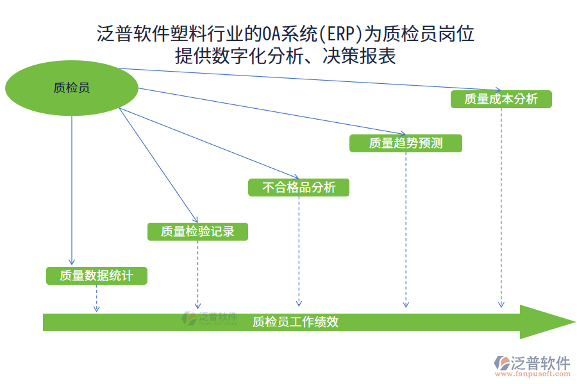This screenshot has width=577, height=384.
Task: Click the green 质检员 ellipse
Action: click(72, 88)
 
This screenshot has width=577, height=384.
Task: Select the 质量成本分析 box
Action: click(501, 99)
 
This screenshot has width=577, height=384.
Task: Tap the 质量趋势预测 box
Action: click(405, 143)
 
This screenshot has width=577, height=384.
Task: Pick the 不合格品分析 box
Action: click(299, 188)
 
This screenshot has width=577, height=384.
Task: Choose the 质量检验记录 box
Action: click(197, 232)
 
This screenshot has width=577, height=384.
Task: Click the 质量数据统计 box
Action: click(97, 276)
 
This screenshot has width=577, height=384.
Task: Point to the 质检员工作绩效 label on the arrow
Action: click(296, 322)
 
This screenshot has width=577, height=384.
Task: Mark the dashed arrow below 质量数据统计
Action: click(97, 298)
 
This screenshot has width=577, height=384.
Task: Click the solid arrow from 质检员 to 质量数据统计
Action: click(72, 192)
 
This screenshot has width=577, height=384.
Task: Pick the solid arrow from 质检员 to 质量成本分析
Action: click(308, 79)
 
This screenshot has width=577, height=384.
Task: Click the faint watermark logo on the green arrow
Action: click(210, 318)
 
